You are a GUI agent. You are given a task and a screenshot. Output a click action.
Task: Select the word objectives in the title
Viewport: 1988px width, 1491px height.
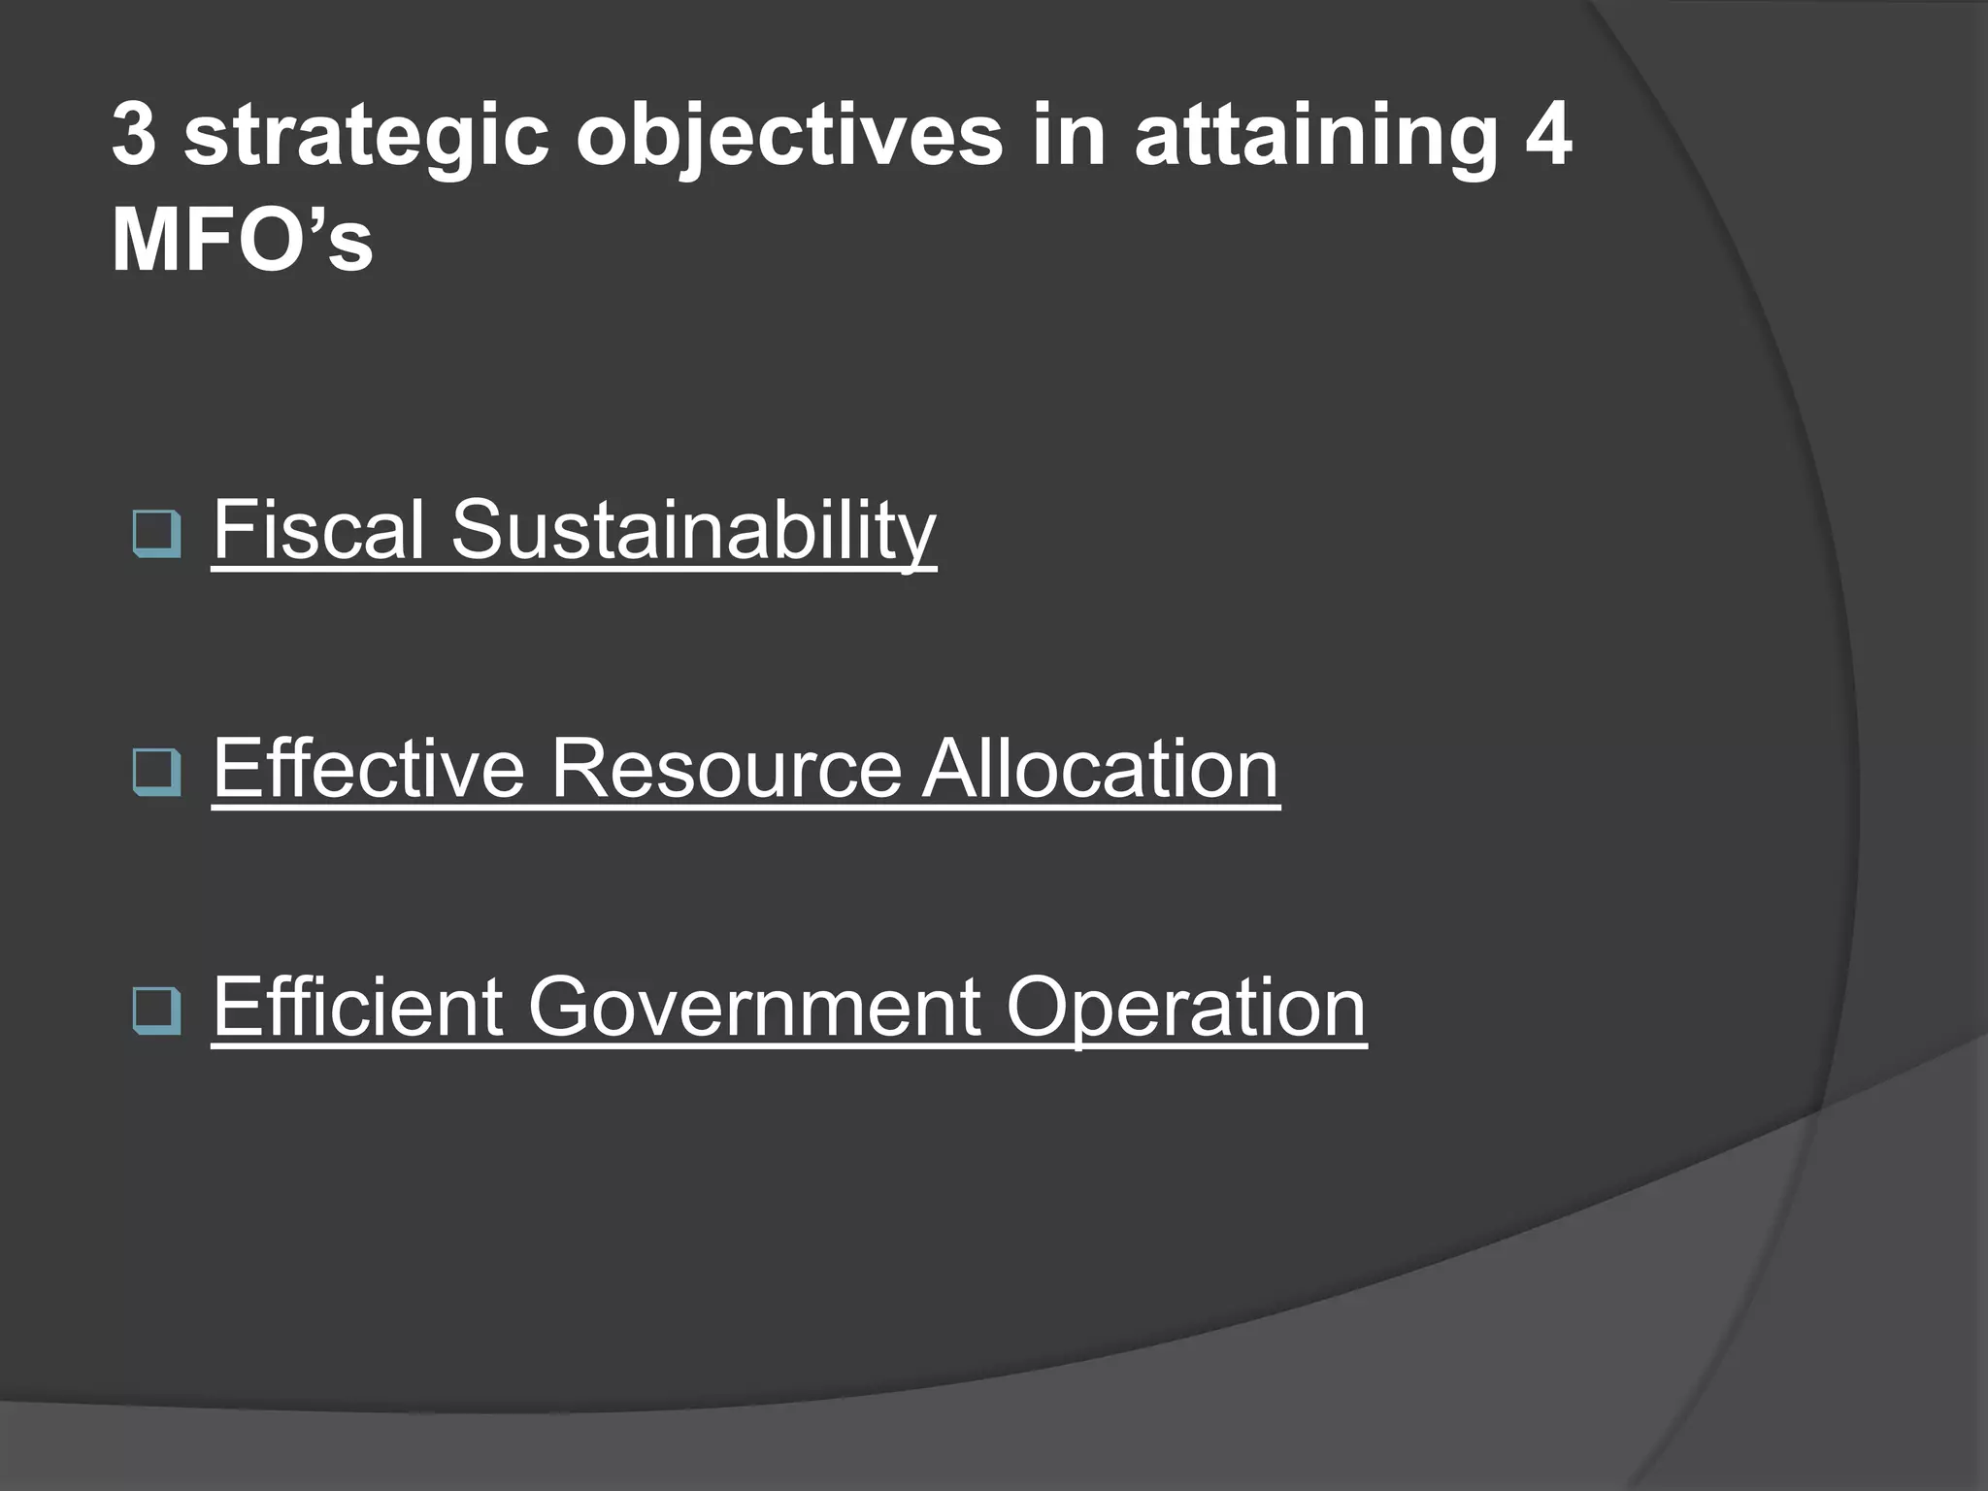coord(789,137)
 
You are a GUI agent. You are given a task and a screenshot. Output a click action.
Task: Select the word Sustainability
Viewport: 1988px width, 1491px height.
coord(693,532)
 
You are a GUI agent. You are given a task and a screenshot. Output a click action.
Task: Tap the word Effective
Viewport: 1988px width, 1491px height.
coord(369,769)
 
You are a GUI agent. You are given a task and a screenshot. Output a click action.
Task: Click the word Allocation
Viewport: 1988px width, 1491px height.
coord(1101,769)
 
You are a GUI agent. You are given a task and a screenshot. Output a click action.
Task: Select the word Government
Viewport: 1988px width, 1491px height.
coord(753,1007)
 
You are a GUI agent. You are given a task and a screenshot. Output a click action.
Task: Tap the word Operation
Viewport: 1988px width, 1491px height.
coord(1185,1009)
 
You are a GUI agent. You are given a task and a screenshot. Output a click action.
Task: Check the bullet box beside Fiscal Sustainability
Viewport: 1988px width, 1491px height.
coord(156,533)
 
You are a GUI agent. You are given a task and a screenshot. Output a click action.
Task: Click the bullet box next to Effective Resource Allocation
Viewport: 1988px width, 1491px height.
coord(156,772)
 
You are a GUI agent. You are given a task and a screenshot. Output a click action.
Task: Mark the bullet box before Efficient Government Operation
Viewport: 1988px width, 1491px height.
coord(156,1010)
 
